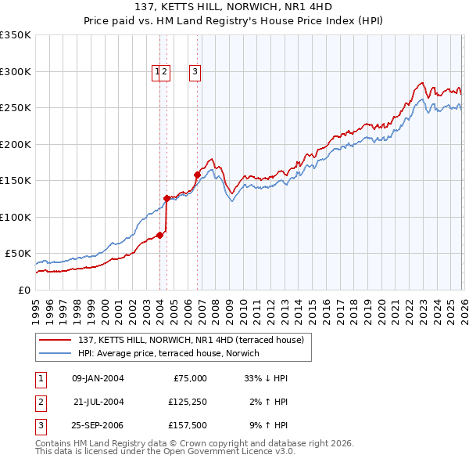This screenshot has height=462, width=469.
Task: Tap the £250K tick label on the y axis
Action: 16,108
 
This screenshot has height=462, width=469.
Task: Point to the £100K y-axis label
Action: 16,217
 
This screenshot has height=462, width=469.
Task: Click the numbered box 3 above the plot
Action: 195,72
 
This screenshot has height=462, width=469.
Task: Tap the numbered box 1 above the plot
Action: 157,72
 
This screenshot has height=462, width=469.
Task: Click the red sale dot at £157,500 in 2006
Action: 197,175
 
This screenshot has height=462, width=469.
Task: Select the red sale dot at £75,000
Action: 159,235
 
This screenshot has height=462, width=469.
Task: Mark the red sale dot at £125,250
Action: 166,199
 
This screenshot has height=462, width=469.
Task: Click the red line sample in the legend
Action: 55,340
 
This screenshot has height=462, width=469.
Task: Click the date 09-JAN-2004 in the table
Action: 97,378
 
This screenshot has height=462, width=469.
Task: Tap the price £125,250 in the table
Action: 185,402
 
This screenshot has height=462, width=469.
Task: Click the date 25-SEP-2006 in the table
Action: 97,427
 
